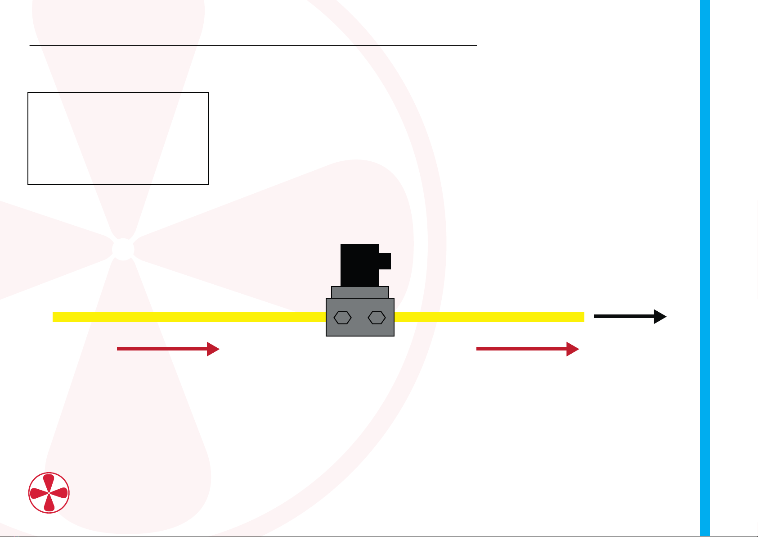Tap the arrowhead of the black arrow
pyautogui.click(x=660, y=317)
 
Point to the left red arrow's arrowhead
pyautogui.click(x=213, y=349)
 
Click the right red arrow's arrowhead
pyautogui.click(x=573, y=349)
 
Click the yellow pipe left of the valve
pyautogui.click(x=189, y=317)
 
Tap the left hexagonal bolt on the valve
pyautogui.click(x=342, y=318)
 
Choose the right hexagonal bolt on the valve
pyautogui.click(x=377, y=318)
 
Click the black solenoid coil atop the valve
pyautogui.click(x=359, y=265)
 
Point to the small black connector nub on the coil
pyautogui.click(x=385, y=261)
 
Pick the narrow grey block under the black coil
pyautogui.click(x=360, y=292)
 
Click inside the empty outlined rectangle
pyautogui.click(x=118, y=138)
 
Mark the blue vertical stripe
pyautogui.click(x=704, y=268)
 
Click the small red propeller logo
pyautogui.click(x=49, y=492)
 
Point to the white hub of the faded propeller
pyautogui.click(x=123, y=249)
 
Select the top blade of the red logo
pyautogui.click(x=49, y=482)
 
